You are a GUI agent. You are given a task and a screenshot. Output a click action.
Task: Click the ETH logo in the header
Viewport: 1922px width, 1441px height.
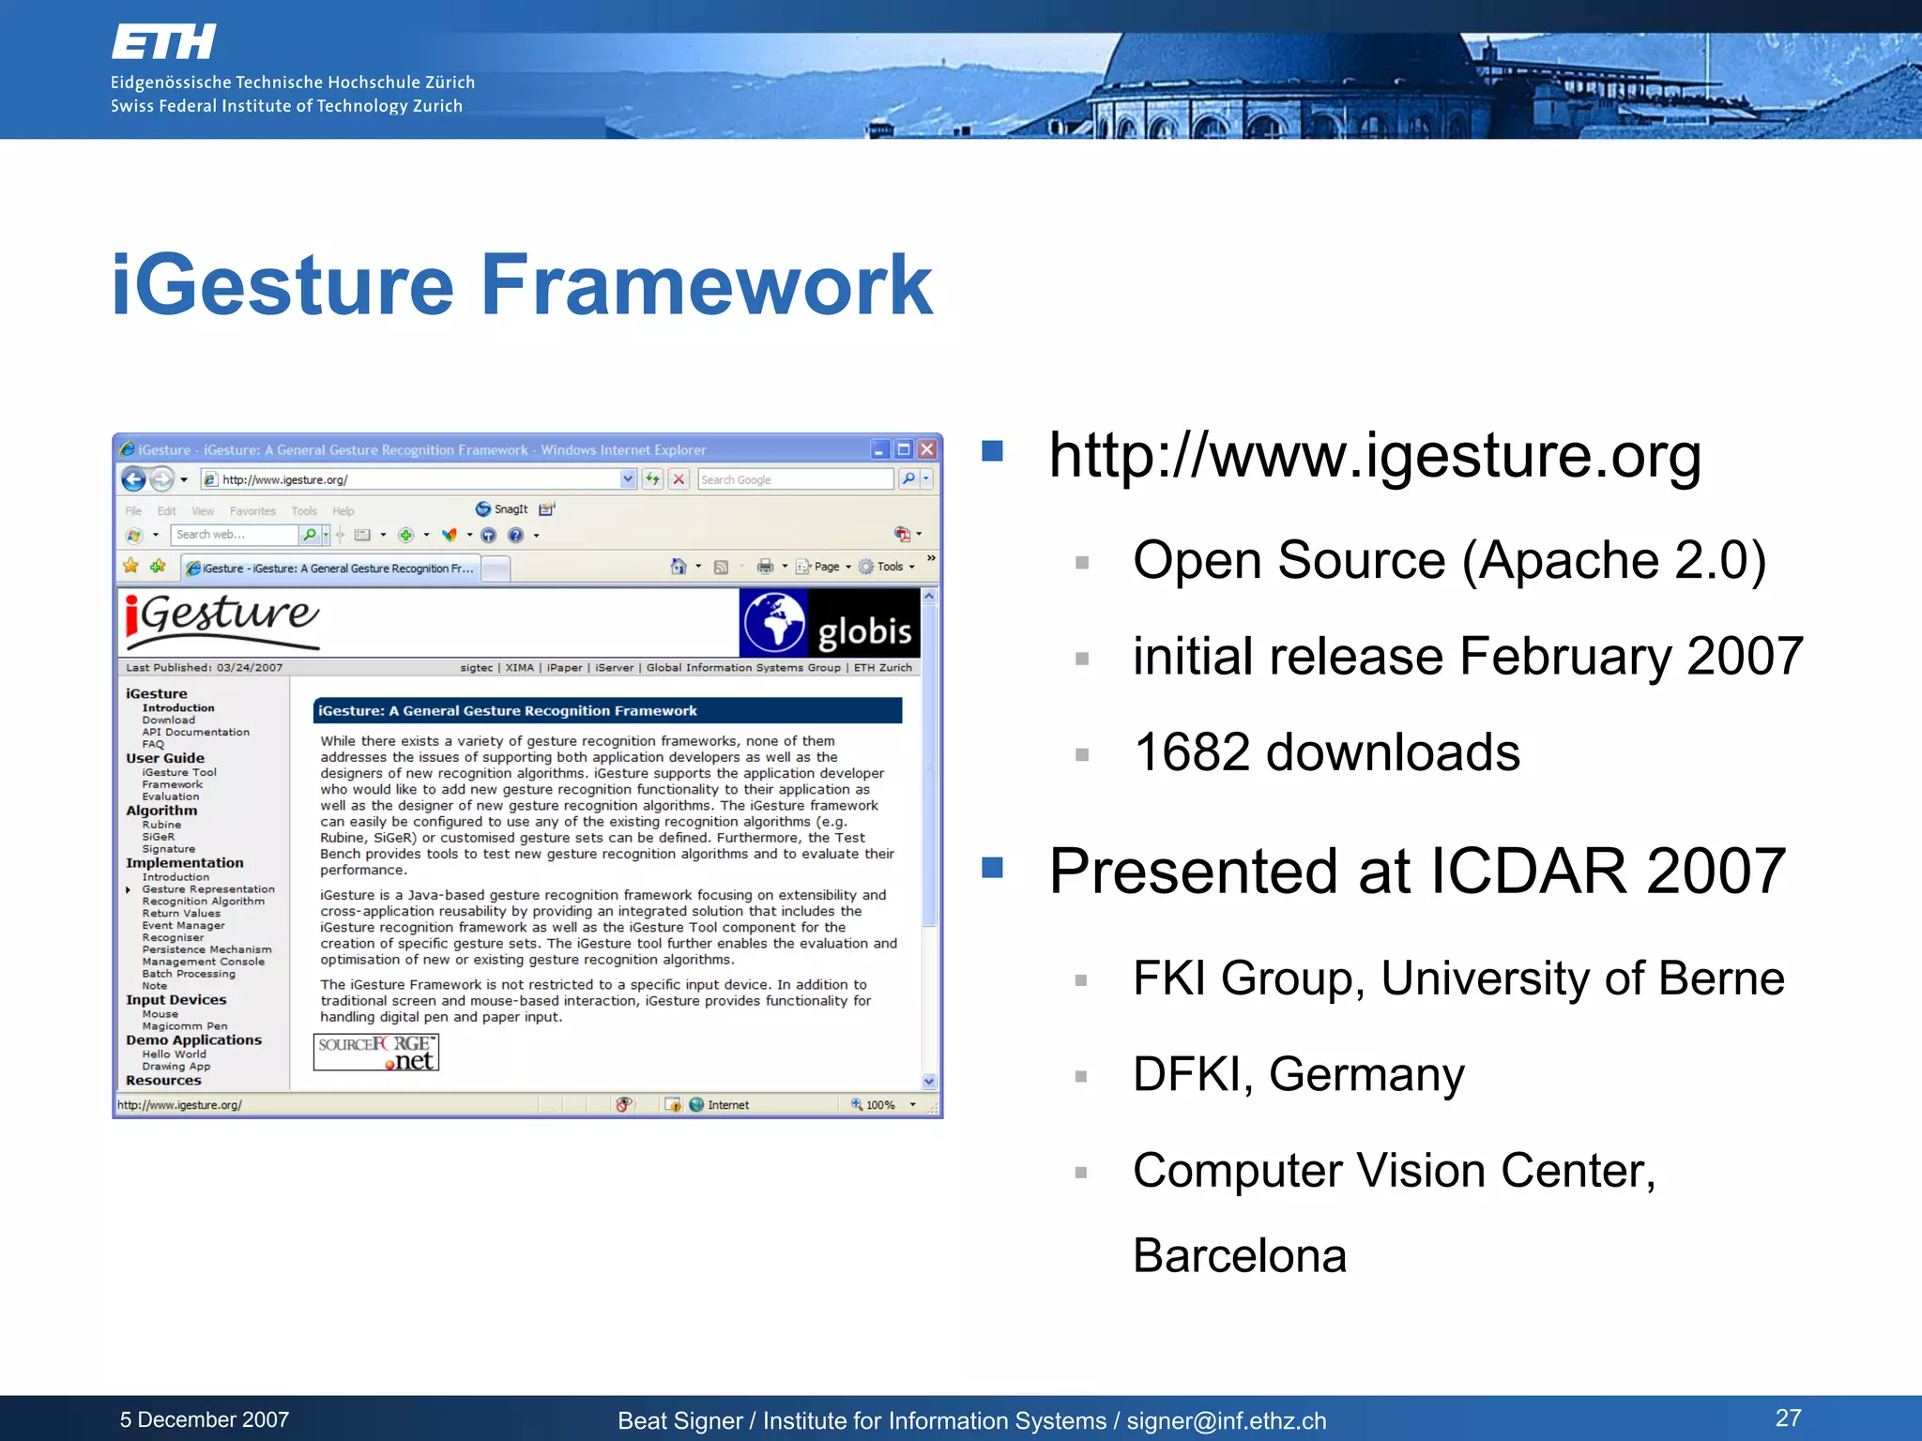(x=163, y=42)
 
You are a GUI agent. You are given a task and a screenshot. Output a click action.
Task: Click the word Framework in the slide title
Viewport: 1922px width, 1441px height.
(x=706, y=285)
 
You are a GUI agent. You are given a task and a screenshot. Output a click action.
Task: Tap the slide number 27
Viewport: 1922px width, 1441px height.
(x=1788, y=1418)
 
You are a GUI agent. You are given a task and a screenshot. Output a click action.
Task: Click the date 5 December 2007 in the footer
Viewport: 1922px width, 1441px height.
(x=204, y=1419)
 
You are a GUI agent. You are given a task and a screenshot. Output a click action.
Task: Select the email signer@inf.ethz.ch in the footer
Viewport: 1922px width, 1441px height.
(x=1226, y=1421)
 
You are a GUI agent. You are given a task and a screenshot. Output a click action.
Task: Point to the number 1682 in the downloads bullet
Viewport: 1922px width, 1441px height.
(x=1191, y=752)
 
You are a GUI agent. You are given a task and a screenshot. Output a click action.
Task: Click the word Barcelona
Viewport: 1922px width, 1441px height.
(x=1239, y=1255)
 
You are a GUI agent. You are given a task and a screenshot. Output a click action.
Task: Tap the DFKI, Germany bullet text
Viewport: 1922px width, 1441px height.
(x=1297, y=1074)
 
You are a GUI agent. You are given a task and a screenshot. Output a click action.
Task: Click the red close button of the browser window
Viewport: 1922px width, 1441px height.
(x=927, y=449)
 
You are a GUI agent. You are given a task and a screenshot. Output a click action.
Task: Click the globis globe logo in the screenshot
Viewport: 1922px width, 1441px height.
(x=774, y=622)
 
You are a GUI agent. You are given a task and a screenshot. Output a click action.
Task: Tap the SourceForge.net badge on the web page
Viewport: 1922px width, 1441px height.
(x=376, y=1052)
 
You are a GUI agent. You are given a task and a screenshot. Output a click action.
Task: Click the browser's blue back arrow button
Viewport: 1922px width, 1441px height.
(x=134, y=479)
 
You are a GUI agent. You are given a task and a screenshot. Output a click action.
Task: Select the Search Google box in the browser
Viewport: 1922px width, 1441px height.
(x=794, y=479)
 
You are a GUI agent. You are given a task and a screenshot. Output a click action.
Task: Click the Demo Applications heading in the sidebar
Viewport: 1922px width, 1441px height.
(x=193, y=1039)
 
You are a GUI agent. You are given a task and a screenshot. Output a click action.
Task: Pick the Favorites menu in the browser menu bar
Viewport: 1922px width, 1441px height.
(x=252, y=511)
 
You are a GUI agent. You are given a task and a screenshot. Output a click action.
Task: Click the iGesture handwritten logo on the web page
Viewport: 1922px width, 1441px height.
(x=222, y=619)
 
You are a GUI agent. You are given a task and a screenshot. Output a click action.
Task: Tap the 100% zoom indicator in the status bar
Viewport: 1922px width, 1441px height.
(x=879, y=1105)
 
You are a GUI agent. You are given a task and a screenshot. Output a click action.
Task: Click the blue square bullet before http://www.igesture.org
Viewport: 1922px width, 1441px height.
(x=992, y=451)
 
